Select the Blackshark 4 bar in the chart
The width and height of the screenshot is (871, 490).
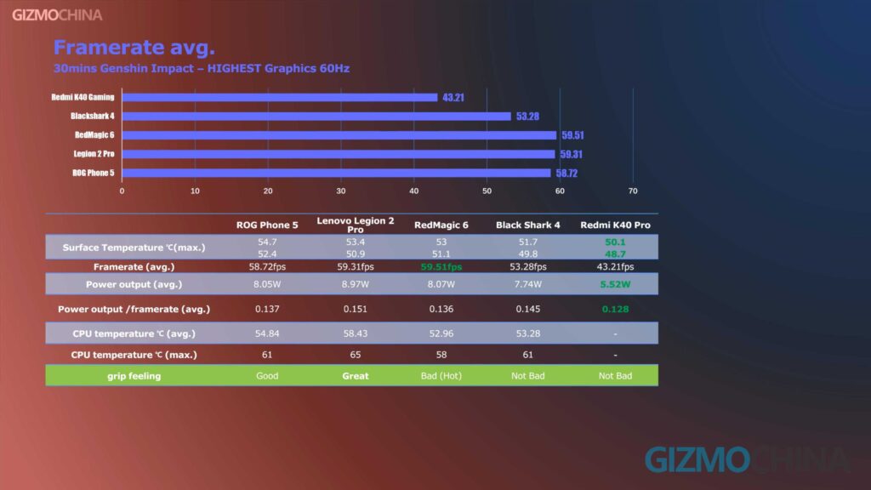click(316, 117)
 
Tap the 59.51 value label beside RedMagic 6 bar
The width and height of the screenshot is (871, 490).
click(572, 135)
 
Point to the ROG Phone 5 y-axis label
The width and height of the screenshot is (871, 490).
click(94, 173)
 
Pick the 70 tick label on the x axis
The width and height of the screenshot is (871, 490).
click(632, 191)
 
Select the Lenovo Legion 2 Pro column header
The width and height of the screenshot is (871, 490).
click(355, 225)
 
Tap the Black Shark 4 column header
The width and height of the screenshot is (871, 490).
click(527, 225)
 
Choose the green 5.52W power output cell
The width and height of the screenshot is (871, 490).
click(615, 284)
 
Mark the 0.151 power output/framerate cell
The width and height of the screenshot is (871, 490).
click(355, 309)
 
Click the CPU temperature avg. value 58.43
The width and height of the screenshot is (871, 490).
click(355, 333)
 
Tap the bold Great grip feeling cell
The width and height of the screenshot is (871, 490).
click(355, 375)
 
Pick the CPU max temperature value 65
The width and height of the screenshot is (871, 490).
click(355, 354)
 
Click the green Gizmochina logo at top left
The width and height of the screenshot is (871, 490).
click(57, 14)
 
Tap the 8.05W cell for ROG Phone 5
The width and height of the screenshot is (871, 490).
click(267, 284)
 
